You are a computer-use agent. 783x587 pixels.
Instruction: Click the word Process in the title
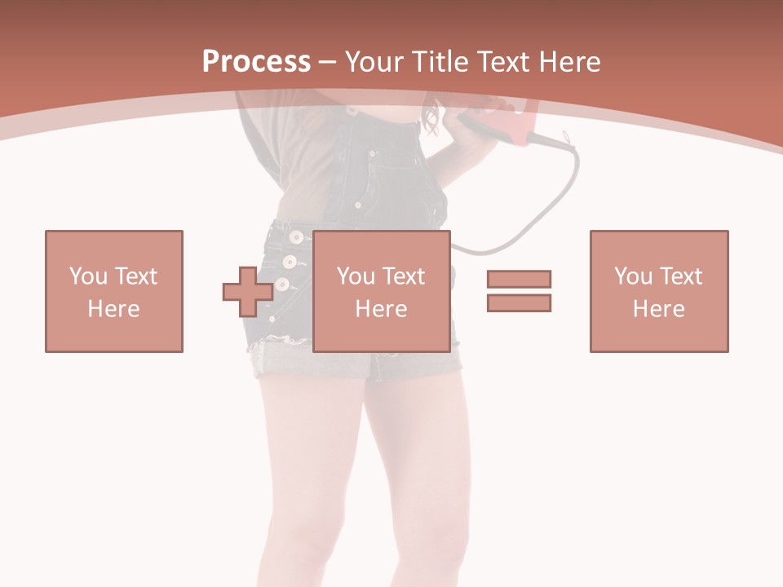pos(256,61)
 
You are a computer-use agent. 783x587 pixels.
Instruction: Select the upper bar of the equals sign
pos(519,279)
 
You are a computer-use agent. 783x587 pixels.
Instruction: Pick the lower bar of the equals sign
pos(519,302)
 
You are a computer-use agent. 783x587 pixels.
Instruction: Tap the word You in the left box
pos(87,276)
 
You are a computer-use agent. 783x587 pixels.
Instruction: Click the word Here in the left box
pos(113,308)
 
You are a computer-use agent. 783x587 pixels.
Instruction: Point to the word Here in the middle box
pos(382,308)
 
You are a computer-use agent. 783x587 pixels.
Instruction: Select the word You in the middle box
pos(356,276)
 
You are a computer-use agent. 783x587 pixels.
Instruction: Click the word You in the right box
pos(633,276)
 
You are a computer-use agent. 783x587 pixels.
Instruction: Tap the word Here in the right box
pos(659,308)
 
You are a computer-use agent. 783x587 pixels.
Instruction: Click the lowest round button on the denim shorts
pos(281,285)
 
